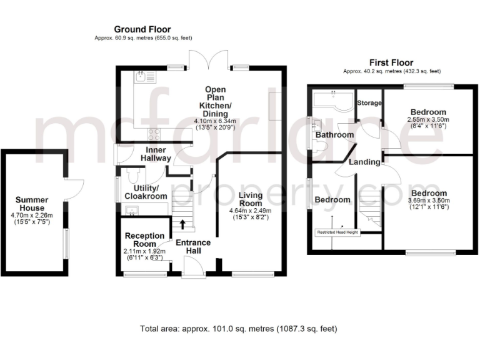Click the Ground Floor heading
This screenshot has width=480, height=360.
coord(142,29)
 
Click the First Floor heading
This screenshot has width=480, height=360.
coord(391,62)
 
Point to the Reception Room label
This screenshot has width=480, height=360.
coord(144,239)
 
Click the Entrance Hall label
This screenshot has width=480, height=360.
coord(193,246)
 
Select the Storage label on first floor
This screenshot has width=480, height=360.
coord(369,102)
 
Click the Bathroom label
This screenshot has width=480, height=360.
coord(334,135)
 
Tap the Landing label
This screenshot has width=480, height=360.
coord(364,162)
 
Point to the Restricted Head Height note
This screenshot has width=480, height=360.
coord(337,232)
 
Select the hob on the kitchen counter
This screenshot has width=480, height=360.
coord(153,133)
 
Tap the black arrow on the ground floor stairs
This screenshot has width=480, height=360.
coord(183,224)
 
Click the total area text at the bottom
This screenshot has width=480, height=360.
coord(239,328)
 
